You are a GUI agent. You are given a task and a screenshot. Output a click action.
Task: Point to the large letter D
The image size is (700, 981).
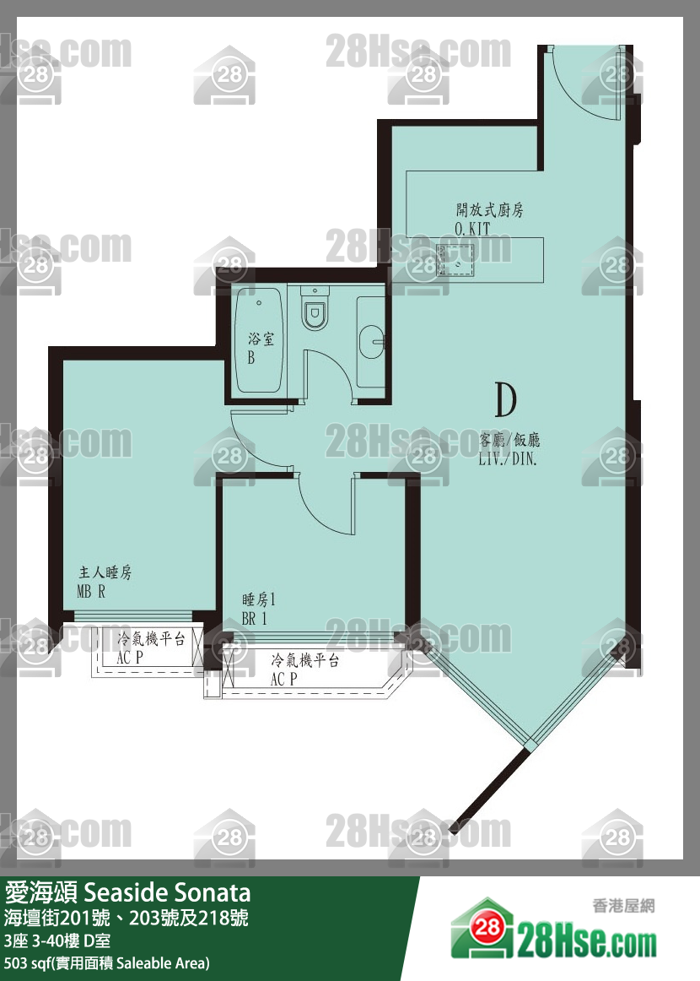[x=506, y=399]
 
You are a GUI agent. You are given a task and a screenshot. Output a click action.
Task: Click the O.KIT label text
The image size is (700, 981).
[x=472, y=229]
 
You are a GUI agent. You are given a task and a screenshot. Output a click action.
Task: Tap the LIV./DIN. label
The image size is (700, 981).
[x=508, y=458]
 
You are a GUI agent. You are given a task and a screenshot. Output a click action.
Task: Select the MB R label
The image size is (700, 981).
[x=91, y=591]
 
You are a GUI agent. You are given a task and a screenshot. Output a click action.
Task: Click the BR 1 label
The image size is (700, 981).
[x=255, y=619]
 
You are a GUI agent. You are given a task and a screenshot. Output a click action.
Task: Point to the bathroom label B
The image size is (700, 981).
[x=251, y=359]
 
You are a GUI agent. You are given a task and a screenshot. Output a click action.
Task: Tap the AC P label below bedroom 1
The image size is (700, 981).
[x=283, y=679]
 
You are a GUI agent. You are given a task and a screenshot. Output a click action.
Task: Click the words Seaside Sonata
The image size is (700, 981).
[x=167, y=892]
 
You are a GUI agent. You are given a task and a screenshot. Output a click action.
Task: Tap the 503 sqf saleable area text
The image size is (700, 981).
[x=107, y=963]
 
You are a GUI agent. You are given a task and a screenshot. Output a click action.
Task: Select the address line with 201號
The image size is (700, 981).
[x=127, y=918]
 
